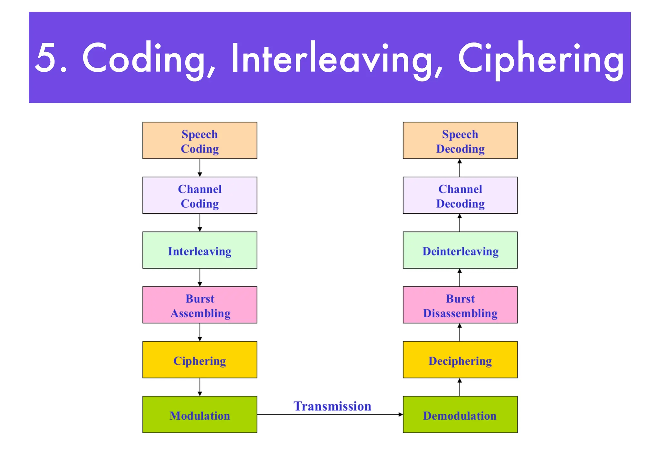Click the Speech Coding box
point(199,140)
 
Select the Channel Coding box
point(199,195)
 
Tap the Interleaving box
point(199,250)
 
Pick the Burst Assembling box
point(199,305)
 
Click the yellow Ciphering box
point(199,359)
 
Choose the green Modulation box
point(199,415)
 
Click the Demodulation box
point(460,415)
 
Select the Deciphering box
point(460,359)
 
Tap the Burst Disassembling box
point(460,305)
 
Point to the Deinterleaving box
point(460,250)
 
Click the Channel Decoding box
point(460,195)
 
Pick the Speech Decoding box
point(460,140)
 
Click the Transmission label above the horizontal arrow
point(332,406)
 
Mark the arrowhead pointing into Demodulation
point(401,415)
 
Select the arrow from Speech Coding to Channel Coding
point(200,168)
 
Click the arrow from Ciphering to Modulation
point(200,387)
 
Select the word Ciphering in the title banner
point(541,60)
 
